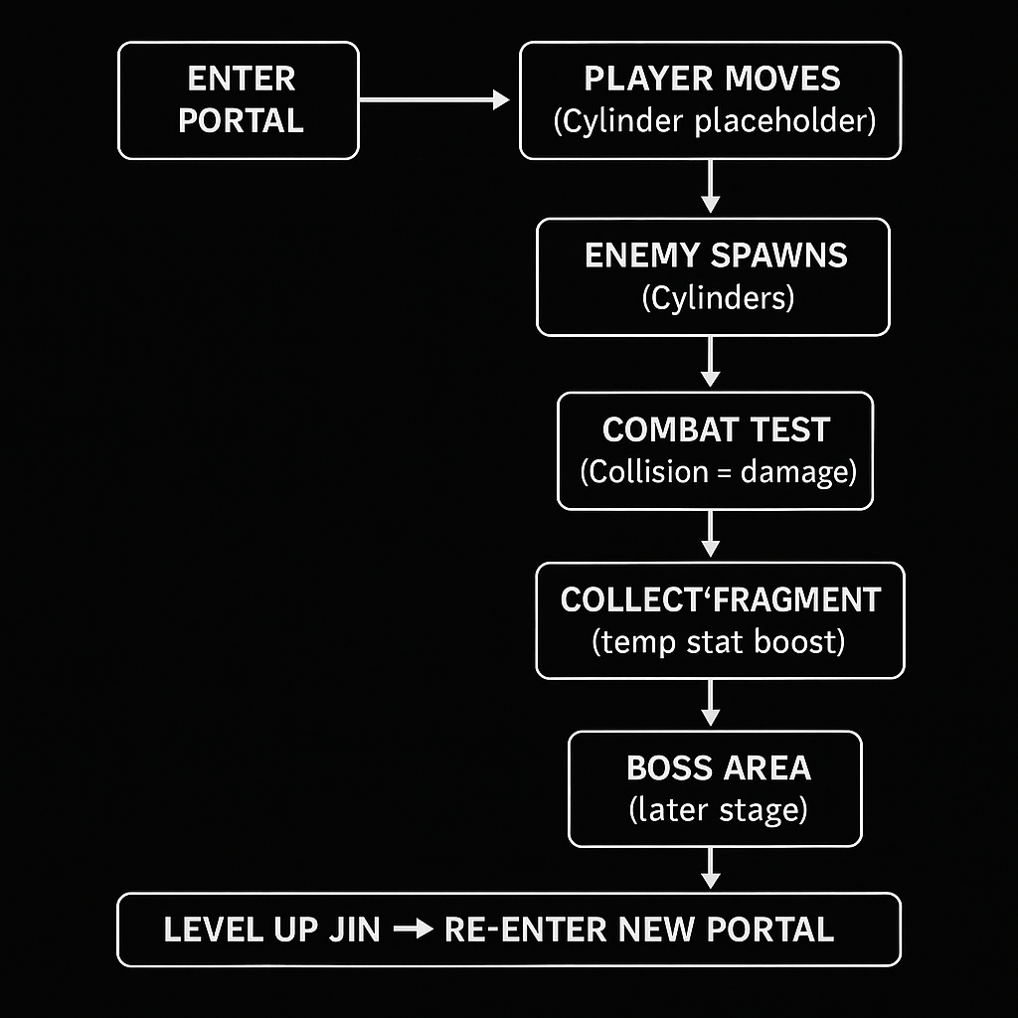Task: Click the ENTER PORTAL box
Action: tap(239, 100)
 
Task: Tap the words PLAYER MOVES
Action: tap(712, 80)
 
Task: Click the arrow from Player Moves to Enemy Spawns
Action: tap(710, 187)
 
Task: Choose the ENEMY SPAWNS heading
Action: tap(716, 255)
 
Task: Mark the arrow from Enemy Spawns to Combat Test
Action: tap(710, 363)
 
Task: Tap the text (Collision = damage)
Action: tap(718, 471)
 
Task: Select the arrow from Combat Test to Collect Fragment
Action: tap(710, 534)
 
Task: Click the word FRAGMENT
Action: tap(803, 600)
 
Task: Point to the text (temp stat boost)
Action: tap(718, 642)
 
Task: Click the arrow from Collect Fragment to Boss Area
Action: tap(710, 704)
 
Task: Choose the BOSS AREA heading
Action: tap(718, 768)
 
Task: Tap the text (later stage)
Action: tap(718, 810)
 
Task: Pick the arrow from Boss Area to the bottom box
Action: tap(710, 867)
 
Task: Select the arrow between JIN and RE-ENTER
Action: tap(412, 930)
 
